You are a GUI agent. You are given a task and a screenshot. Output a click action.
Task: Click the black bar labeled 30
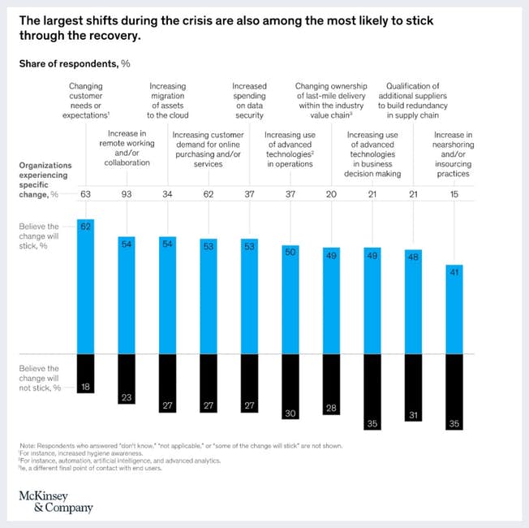coord(291,386)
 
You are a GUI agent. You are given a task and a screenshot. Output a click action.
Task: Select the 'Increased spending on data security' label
coord(249,101)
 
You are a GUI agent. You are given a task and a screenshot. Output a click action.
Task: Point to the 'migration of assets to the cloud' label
coord(167,101)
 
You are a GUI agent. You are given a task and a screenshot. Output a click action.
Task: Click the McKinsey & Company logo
coord(55,500)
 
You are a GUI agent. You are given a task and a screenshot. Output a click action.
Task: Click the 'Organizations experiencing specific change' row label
coord(45,180)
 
